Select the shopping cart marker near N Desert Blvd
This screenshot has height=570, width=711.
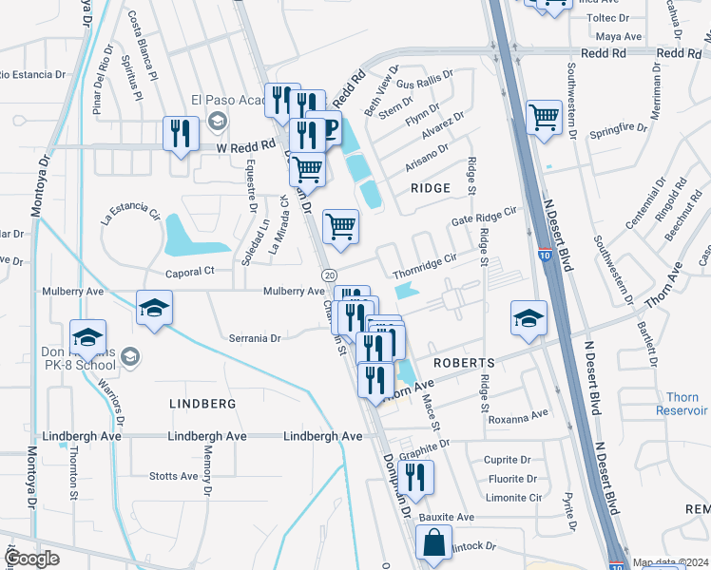point(544,119)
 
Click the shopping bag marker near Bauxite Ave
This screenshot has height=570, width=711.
point(433,543)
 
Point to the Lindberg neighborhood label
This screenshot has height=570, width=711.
point(202,404)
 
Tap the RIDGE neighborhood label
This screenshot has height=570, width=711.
point(430,188)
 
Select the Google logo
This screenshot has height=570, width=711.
point(32,559)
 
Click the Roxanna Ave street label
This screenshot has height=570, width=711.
point(518,416)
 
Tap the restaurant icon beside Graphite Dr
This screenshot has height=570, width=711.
point(418,477)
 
